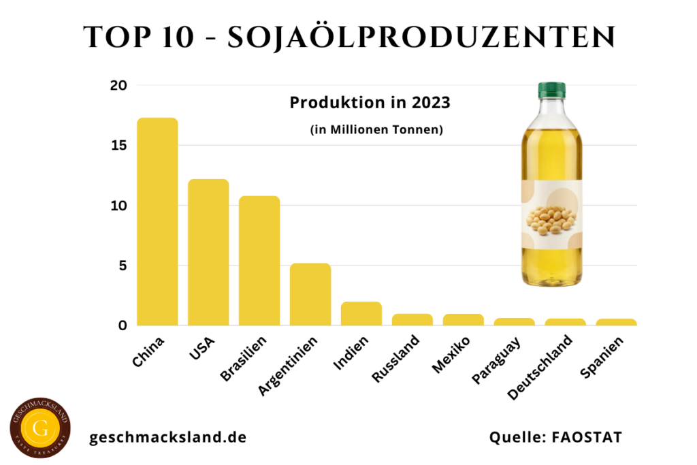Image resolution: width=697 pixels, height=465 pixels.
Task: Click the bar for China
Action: pos(157,221)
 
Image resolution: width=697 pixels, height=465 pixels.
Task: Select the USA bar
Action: pos(208,252)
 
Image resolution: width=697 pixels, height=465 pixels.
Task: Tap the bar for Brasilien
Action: pos(259,260)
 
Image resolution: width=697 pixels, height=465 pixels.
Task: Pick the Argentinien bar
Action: pos(310,294)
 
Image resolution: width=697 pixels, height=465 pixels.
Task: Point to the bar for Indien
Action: pos(361,313)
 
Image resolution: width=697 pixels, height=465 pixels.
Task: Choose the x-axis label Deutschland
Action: pos(544,366)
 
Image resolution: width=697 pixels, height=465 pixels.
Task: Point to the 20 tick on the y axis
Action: pos(119,86)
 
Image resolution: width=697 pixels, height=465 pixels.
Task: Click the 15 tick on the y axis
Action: pos(119,146)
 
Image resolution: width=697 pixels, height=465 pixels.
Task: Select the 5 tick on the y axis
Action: pos(123,266)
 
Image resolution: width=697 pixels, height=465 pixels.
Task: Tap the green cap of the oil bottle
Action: pos(551,89)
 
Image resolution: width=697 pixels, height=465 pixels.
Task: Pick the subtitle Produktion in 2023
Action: pos(370,103)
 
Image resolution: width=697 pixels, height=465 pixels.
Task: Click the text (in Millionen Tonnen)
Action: pos(376,130)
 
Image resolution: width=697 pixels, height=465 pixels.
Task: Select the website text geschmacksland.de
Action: pos(168,437)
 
